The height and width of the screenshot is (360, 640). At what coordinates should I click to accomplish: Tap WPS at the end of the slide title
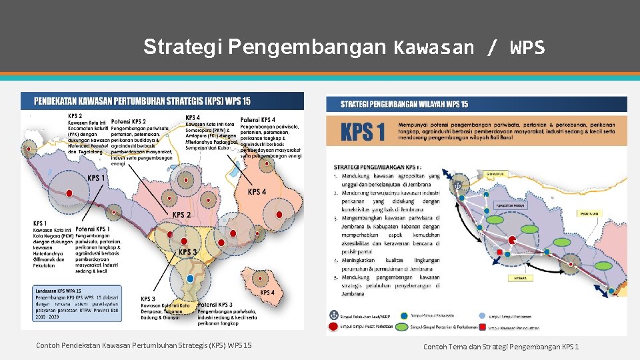coord(527,47)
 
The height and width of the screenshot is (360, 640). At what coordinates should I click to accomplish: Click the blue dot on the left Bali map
coord(191,278)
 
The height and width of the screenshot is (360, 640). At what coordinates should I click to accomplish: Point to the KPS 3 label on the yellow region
coord(187,253)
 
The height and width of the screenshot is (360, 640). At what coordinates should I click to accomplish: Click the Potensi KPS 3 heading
coord(215,305)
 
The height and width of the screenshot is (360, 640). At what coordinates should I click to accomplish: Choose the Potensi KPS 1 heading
coord(93,229)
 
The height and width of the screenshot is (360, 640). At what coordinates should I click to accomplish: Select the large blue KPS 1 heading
coord(363,132)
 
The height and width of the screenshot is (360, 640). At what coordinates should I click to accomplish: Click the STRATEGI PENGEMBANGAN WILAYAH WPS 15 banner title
coord(405,105)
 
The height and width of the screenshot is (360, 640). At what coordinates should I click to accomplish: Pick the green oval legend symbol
coord(401,327)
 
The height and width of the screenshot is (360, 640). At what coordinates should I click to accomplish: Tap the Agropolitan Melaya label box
coord(511,205)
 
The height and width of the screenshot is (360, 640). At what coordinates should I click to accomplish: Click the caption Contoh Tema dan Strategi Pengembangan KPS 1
coord(501,347)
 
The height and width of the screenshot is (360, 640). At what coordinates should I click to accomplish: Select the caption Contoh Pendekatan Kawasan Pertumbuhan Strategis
coord(144,345)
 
